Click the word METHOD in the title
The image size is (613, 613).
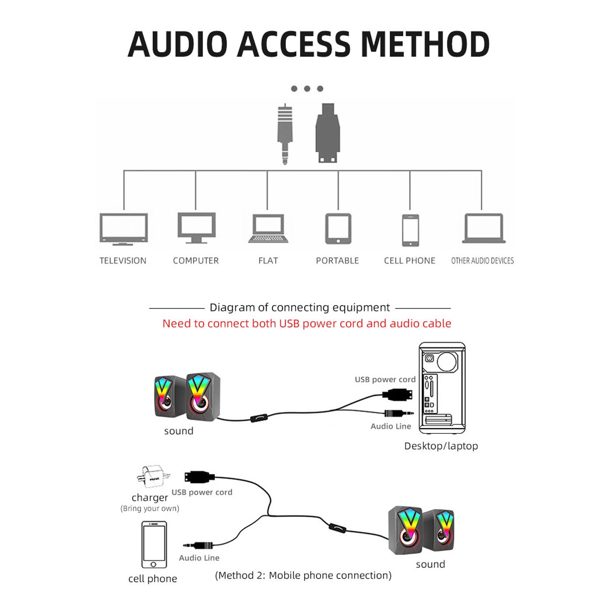425,44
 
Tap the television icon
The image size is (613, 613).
123,229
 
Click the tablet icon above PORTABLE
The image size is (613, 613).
338,229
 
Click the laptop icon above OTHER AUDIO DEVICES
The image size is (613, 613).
483,228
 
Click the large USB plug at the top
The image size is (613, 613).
328,133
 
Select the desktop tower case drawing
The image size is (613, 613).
442,388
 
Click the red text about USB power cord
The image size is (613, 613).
306,324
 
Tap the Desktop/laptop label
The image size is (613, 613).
441,446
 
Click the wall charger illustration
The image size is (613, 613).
152,476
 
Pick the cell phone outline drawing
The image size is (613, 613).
154,545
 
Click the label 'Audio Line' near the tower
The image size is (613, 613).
391,426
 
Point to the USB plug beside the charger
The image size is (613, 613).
199,477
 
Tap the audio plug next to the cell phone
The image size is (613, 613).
199,545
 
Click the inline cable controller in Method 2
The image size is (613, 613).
338,528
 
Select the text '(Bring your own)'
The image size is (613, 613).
150,508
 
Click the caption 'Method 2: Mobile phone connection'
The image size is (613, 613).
303,575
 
